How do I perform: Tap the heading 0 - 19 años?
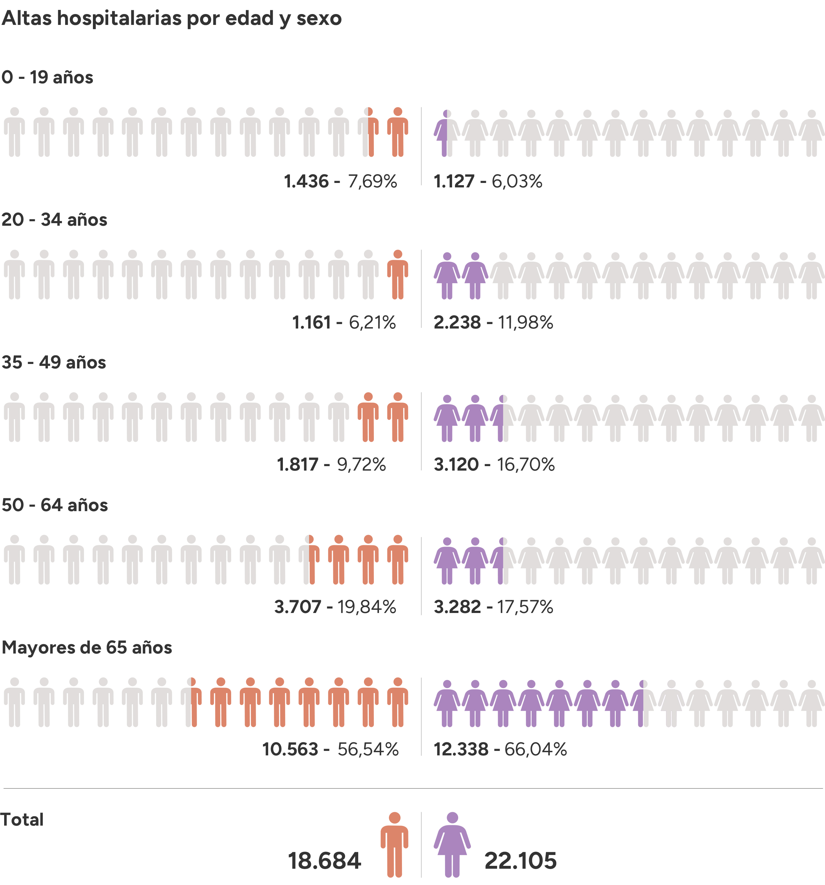click(x=47, y=78)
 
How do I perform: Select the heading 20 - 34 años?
click(x=54, y=220)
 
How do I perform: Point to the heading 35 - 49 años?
click(x=54, y=362)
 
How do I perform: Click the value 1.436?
click(x=306, y=182)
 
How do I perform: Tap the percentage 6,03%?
click(x=517, y=182)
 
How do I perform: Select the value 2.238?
click(x=457, y=323)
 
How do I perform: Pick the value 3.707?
click(x=298, y=607)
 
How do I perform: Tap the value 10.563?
click(x=290, y=750)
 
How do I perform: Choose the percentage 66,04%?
click(x=536, y=750)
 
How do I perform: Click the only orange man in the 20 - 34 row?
click(x=397, y=275)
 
